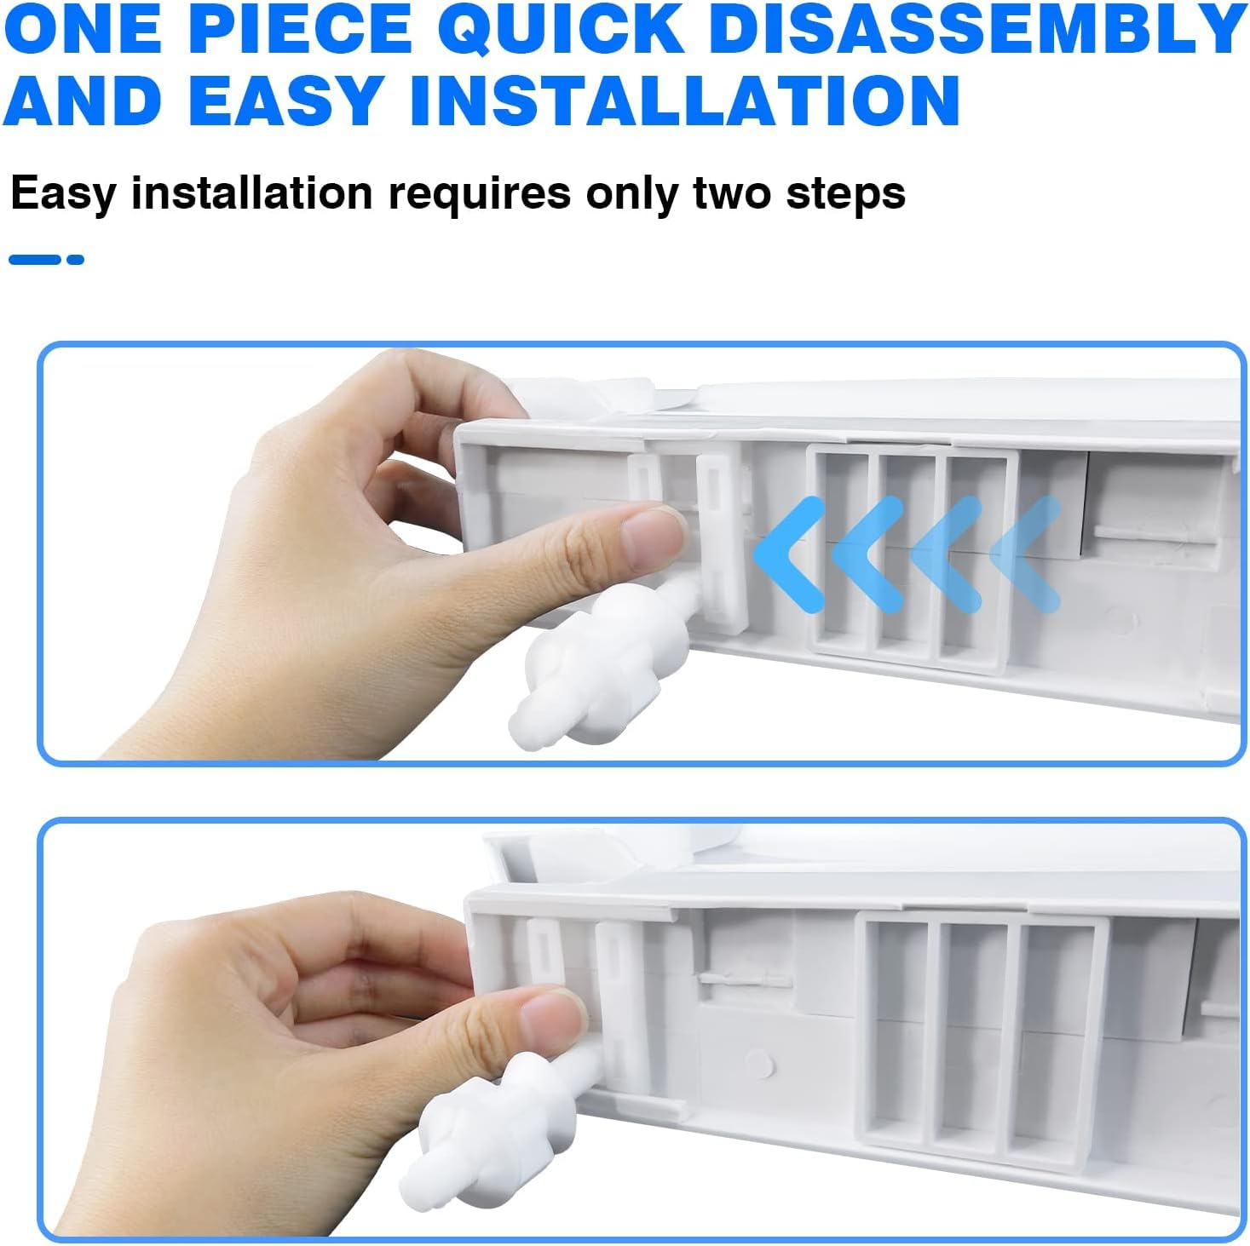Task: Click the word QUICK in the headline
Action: tap(561, 29)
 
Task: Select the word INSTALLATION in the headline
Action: tap(685, 100)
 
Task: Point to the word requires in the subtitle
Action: tap(479, 194)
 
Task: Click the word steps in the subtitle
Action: tap(845, 194)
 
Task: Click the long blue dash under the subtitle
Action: tap(34, 260)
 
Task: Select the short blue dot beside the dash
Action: tap(75, 260)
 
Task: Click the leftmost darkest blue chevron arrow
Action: tap(788, 554)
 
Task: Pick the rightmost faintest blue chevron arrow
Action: tap(1025, 554)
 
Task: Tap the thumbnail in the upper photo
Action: tap(653, 537)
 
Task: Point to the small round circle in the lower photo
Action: tap(759, 1062)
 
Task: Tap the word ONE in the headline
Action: tap(82, 29)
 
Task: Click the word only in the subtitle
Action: tap(631, 194)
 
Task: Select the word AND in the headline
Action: tap(82, 100)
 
